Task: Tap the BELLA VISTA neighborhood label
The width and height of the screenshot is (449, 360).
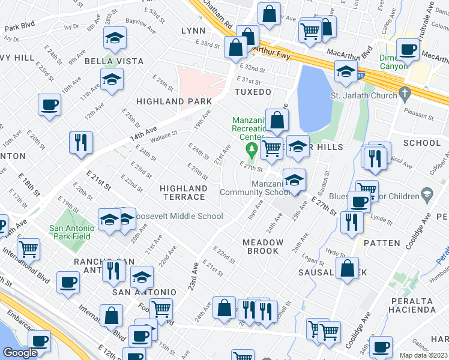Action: tap(114, 61)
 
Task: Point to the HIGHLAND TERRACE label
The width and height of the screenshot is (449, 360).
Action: tap(183, 193)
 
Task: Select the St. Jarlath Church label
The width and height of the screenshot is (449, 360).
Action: tap(363, 95)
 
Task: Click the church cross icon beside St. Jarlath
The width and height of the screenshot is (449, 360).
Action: tap(405, 94)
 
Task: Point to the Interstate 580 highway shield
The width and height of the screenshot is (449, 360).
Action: tap(359, 76)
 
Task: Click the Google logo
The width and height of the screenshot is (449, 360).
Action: tap(20, 353)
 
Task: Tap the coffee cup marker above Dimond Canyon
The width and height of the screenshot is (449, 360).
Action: tap(408, 50)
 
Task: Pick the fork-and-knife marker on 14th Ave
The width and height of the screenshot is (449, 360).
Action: tap(80, 143)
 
